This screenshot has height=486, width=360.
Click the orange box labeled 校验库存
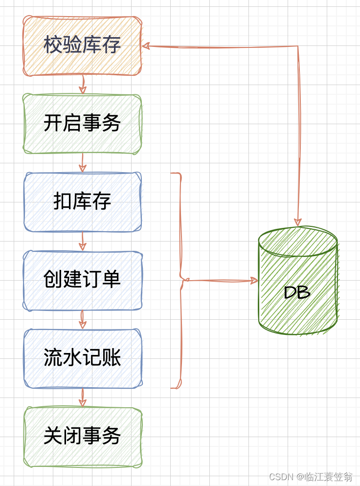coord(82,46)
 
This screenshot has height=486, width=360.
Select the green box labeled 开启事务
coord(82,124)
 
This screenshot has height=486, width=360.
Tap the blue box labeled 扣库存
coord(82,202)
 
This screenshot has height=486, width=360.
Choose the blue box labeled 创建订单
coord(82,280)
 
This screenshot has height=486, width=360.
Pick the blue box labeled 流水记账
coord(82,358)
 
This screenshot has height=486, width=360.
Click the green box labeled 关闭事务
coord(82,436)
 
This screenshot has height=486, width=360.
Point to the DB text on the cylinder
coord(297,292)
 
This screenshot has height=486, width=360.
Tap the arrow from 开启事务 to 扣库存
coord(83,163)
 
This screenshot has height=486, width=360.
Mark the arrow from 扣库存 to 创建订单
coord(83,241)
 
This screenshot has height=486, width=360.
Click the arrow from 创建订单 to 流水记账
coord(83,319)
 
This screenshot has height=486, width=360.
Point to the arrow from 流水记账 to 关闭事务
coord(83,398)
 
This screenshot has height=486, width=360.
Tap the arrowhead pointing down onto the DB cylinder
coord(298,221)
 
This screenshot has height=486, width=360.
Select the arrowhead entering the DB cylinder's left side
coord(253,281)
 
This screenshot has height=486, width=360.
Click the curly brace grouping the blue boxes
coord(180,280)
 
